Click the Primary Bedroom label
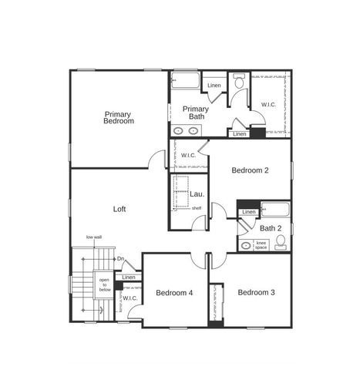click(x=119, y=118)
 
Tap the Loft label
click(x=119, y=208)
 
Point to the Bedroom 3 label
click(x=257, y=292)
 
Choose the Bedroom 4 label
click(x=174, y=293)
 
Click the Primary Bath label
click(x=196, y=113)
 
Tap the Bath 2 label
click(x=270, y=228)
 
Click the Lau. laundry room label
click(x=197, y=194)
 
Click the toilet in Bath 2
click(x=281, y=243)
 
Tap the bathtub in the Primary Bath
click(x=185, y=80)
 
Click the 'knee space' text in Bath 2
click(x=261, y=245)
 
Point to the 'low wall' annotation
click(x=94, y=237)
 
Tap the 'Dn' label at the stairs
click(x=120, y=259)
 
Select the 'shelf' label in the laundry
click(x=197, y=208)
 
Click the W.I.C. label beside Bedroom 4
click(x=130, y=298)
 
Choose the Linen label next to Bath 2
click(x=249, y=212)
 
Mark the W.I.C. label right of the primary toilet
click(x=269, y=104)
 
